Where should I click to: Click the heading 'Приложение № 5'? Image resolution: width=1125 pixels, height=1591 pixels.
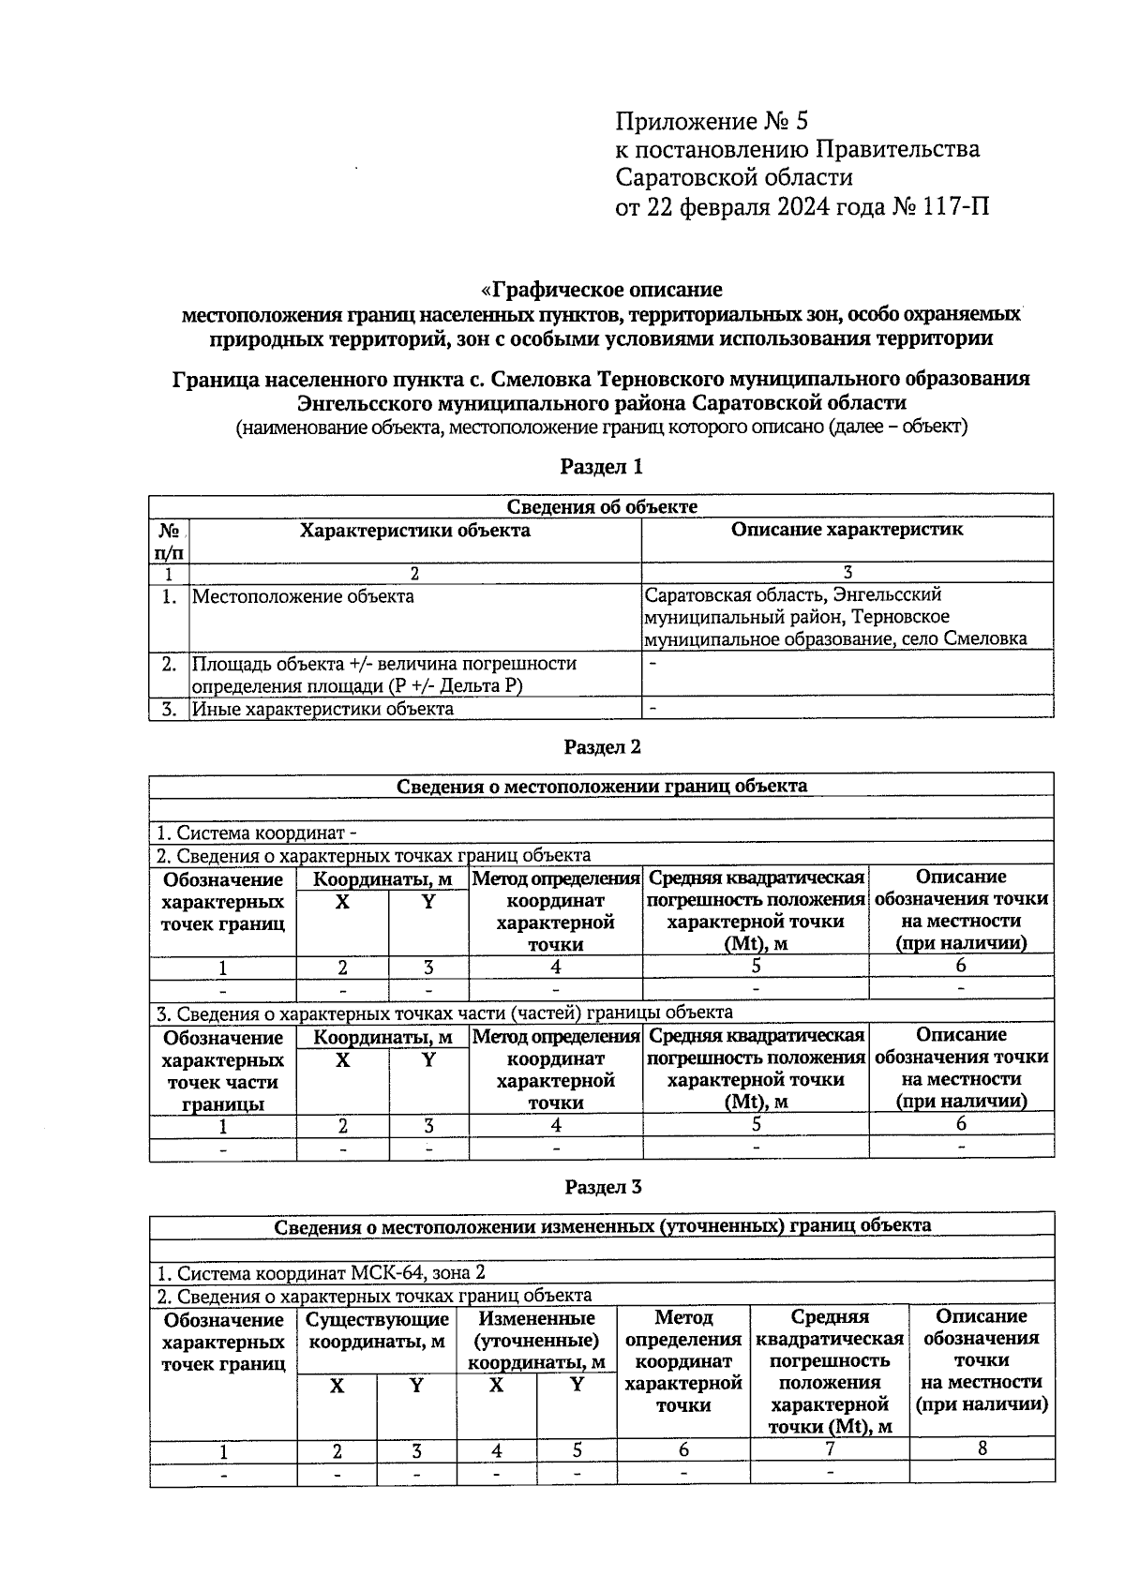711,121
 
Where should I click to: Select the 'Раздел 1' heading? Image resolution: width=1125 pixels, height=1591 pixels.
602,466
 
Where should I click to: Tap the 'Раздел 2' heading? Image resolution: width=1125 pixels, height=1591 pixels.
602,746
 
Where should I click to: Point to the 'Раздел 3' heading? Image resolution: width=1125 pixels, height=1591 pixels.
602,1187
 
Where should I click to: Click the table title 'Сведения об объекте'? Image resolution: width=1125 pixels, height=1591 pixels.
602,506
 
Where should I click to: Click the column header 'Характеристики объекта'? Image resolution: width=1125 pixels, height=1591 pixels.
414,531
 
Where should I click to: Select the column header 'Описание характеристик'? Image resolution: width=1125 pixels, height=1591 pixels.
847,530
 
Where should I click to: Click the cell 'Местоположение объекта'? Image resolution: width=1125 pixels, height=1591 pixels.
303,596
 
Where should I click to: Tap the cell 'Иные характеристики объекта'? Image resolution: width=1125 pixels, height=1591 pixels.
322,709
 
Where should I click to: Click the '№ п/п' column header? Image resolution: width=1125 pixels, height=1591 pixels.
169,541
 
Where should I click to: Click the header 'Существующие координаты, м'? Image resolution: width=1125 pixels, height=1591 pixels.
377,1329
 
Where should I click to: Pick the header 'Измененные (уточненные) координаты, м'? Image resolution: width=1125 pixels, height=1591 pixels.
536,1341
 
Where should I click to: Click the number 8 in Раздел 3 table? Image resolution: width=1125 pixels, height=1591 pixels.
982,1448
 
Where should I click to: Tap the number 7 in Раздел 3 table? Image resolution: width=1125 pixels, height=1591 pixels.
830,1448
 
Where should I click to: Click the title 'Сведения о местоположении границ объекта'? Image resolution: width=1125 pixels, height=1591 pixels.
602,786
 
